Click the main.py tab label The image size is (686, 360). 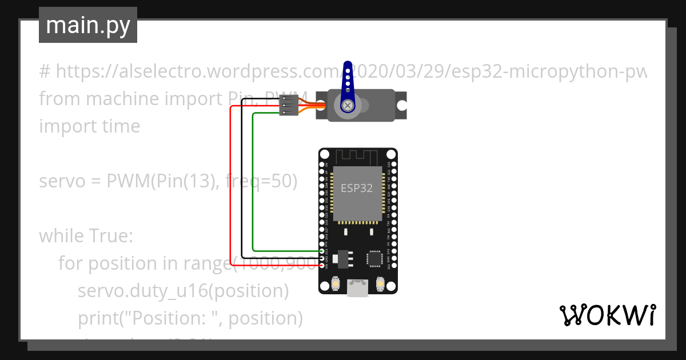(x=87, y=25)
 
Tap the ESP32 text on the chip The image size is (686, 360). (x=357, y=188)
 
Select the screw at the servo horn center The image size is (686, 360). (x=347, y=105)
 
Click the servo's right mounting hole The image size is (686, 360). (x=402, y=106)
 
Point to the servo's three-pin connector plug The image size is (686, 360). (x=289, y=106)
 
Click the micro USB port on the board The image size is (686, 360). (x=358, y=288)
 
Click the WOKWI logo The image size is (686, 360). (x=607, y=315)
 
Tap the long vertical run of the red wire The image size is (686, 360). (x=230, y=183)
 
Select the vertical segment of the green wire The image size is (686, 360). (x=253, y=183)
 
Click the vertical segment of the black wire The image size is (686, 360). (x=242, y=183)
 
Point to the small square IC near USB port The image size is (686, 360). (x=374, y=258)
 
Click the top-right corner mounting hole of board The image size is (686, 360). (x=391, y=155)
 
